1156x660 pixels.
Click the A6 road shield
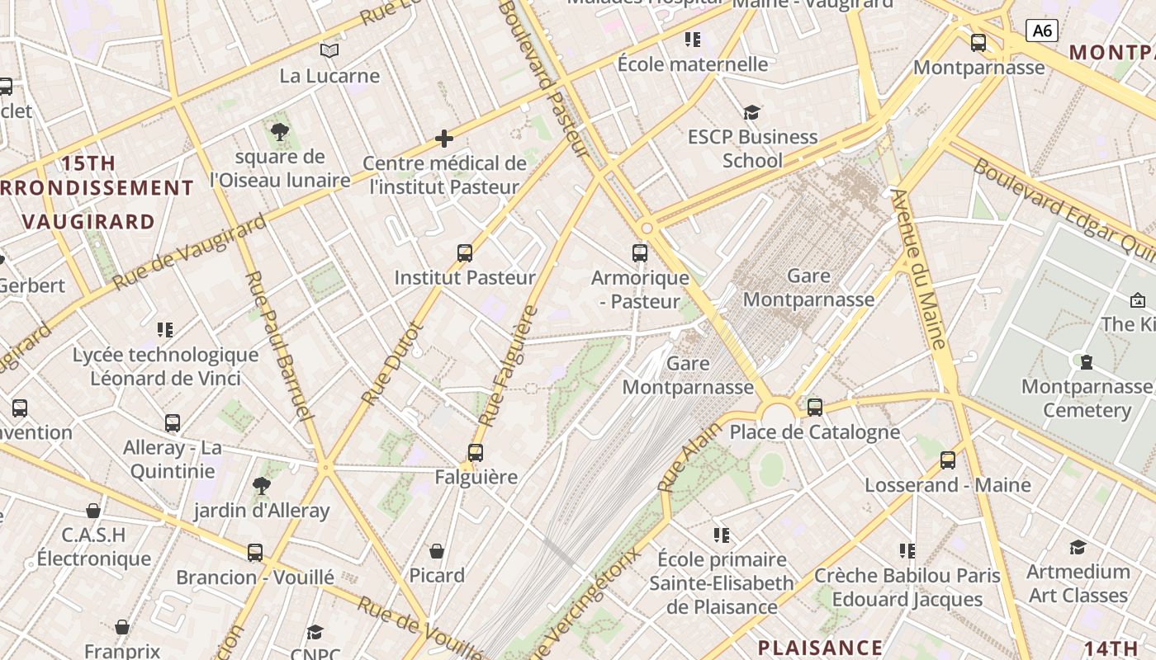click(1042, 31)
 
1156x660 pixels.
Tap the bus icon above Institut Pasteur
click(465, 252)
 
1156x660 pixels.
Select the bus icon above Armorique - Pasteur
click(640, 252)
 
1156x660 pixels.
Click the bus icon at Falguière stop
click(475, 452)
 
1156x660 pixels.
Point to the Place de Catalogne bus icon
click(815, 407)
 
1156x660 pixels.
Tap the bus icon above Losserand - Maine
click(948, 460)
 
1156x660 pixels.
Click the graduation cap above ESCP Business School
click(751, 112)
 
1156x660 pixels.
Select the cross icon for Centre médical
click(444, 138)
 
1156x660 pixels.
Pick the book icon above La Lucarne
click(329, 51)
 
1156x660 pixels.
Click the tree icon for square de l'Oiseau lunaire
click(280, 131)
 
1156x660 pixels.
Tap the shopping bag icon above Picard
click(437, 550)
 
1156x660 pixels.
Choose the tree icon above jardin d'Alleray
click(262, 486)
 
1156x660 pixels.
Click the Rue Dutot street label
click(392, 363)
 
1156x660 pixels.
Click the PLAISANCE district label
click(820, 647)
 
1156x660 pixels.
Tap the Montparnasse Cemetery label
click(1086, 398)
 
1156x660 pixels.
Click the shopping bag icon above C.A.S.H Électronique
click(93, 511)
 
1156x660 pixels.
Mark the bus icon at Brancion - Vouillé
click(255, 553)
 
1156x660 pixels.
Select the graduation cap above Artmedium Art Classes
click(1078, 547)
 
